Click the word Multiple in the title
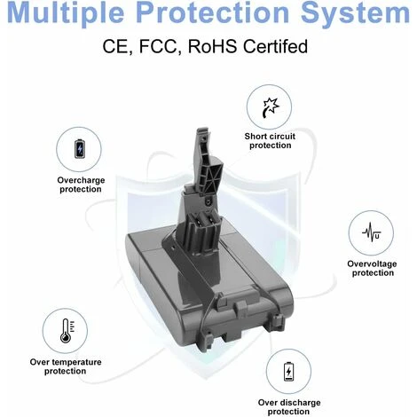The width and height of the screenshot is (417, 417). (x=66, y=13)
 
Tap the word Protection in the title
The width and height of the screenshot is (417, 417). (x=213, y=12)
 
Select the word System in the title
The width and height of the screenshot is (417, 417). (x=355, y=13)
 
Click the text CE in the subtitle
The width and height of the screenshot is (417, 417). (x=115, y=46)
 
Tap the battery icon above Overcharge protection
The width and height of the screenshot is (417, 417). (x=79, y=149)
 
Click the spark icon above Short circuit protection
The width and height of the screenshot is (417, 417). (x=271, y=107)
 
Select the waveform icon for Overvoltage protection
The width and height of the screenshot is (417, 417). (x=372, y=232)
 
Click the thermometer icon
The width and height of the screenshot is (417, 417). (x=67, y=331)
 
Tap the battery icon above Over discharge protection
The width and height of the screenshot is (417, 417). (x=288, y=371)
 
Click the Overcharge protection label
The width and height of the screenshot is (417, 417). (x=81, y=185)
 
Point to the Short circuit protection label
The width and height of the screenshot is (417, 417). (x=270, y=141)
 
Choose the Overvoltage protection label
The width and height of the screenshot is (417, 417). (x=372, y=268)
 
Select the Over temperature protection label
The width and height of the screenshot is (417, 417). (x=66, y=366)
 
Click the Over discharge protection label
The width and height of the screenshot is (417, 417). (x=289, y=407)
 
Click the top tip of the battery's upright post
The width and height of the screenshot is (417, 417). (x=203, y=130)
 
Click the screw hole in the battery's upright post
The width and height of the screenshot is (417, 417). (x=208, y=202)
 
